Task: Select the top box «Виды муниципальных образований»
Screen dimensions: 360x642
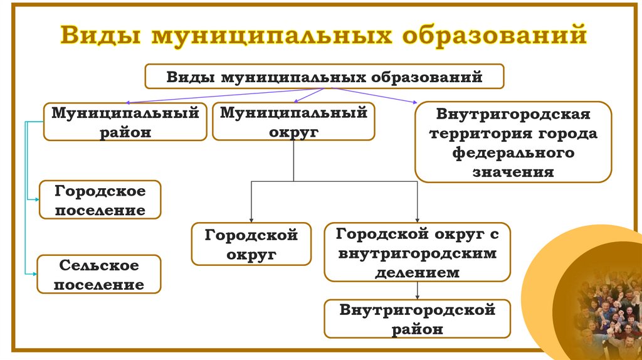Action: (x=324, y=77)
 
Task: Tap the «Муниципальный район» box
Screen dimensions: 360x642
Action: (x=125, y=122)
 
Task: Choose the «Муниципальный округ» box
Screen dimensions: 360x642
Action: (x=293, y=122)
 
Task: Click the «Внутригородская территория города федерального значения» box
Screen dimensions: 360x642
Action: (x=513, y=142)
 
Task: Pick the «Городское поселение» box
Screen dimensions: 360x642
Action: (x=100, y=200)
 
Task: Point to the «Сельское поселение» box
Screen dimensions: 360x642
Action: (x=99, y=275)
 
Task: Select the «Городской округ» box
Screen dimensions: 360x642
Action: (x=251, y=244)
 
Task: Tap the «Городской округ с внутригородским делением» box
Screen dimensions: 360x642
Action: (x=417, y=252)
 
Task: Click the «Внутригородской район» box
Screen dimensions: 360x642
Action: (x=417, y=319)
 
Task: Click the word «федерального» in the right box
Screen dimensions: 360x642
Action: (x=513, y=152)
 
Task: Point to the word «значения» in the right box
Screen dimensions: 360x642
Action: (x=513, y=171)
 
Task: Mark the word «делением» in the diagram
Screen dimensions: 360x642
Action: (x=417, y=272)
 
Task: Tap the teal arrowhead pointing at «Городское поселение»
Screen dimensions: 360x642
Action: (x=36, y=199)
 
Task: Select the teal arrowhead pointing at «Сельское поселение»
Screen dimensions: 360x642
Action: (x=34, y=273)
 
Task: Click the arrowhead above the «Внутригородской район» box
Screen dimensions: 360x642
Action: (x=417, y=296)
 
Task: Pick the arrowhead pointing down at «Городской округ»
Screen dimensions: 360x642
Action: (x=251, y=219)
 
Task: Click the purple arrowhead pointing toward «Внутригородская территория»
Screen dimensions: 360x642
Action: (x=413, y=102)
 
